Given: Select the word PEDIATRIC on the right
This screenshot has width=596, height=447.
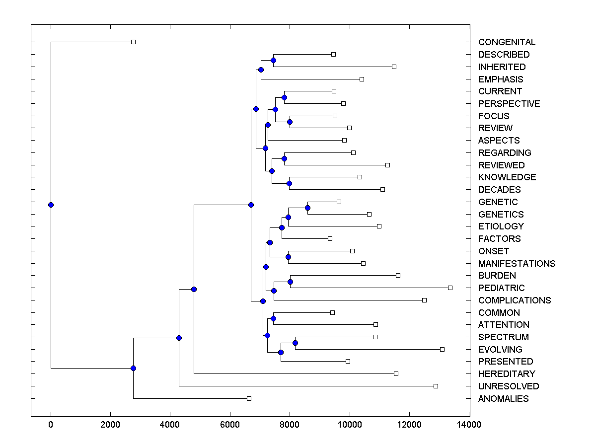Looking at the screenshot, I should [x=501, y=288].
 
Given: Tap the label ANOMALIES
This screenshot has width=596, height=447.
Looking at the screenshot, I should [x=503, y=399].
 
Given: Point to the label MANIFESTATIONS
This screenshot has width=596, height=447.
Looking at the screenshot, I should [x=517, y=263].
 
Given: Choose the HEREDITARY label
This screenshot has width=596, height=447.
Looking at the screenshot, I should [x=507, y=374].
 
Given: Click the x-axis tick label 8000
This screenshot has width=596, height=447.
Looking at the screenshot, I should [x=290, y=424].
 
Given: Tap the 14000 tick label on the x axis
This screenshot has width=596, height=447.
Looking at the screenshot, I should [x=469, y=424].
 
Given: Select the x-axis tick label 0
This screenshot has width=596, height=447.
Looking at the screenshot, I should [x=51, y=424].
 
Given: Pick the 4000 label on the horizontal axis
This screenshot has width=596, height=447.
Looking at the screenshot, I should [x=170, y=424].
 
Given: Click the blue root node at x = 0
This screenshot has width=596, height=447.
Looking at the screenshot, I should [x=51, y=205].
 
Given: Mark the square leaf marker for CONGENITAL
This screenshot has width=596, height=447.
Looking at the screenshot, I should [x=133, y=42].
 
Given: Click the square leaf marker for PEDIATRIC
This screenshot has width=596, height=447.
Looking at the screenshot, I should [x=450, y=288].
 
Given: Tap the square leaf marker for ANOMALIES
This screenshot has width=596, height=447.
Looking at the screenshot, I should [x=249, y=398].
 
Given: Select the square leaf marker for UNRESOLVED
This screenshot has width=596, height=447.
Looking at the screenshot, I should [x=436, y=386].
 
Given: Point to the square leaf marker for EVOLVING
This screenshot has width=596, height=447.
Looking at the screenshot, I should [x=442, y=349].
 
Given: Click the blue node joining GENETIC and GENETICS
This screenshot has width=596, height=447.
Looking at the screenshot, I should [x=307, y=208].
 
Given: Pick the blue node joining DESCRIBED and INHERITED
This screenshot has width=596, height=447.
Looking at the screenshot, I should [x=273, y=60].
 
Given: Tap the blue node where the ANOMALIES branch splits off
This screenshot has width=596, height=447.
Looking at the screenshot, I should [x=133, y=368].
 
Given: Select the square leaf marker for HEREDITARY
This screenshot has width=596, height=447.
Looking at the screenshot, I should [x=396, y=373].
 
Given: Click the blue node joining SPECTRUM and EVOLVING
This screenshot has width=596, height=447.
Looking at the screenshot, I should [x=295, y=343].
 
